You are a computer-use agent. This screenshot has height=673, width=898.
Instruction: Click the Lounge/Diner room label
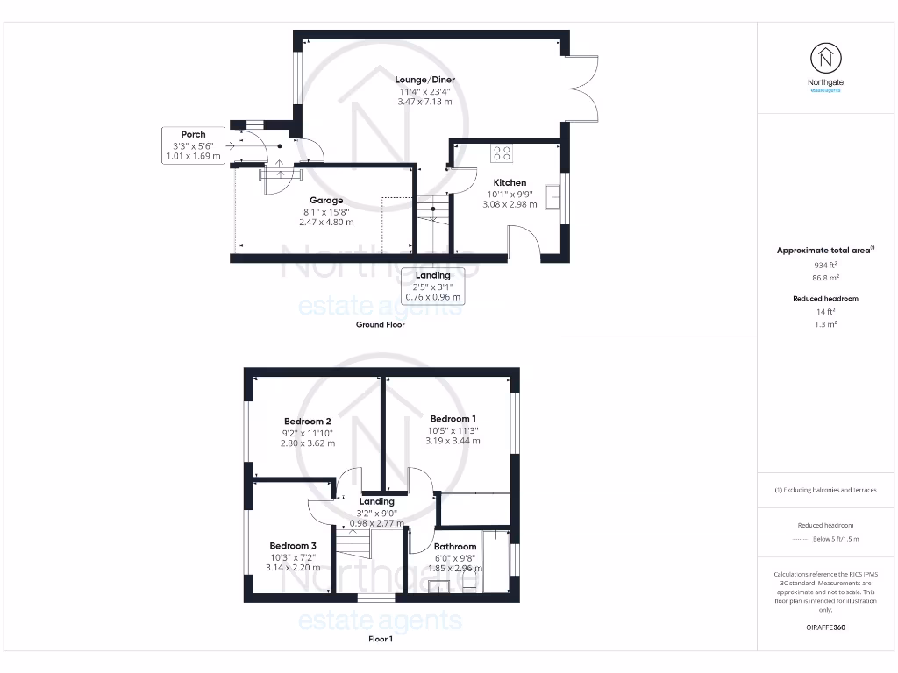tap(425, 80)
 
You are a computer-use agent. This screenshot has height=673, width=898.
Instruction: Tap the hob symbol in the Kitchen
tap(502, 153)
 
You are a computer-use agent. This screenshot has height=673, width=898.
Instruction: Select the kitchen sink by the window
tap(553, 197)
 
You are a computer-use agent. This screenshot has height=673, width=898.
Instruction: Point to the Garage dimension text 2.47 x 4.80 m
tap(325, 223)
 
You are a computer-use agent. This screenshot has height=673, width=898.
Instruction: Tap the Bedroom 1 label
tap(453, 418)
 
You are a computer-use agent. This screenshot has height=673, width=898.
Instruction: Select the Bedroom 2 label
tap(307, 421)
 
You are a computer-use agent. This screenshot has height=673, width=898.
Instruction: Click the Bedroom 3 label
tap(293, 545)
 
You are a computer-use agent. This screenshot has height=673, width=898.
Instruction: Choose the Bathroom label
tap(455, 547)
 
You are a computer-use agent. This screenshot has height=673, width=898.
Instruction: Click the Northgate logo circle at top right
tap(825, 60)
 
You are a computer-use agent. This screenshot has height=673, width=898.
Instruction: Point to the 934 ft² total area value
tap(825, 264)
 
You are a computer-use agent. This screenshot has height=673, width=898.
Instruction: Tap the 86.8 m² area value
tap(825, 276)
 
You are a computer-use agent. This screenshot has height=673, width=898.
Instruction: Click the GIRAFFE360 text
tap(825, 627)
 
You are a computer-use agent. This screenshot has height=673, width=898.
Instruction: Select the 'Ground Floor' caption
tap(380, 324)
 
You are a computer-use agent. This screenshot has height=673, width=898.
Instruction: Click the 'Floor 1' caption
tap(380, 639)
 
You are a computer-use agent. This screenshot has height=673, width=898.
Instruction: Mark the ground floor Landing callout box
tap(432, 287)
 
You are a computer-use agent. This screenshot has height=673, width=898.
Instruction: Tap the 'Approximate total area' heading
tap(823, 251)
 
